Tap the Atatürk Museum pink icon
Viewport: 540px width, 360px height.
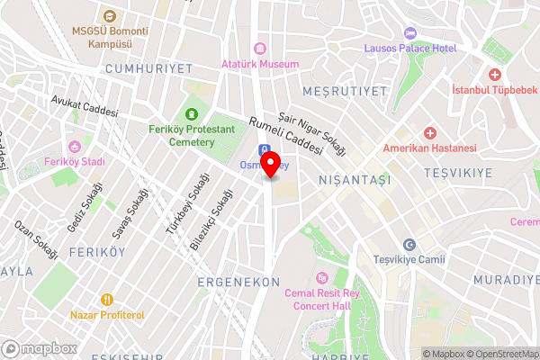coord(260,48)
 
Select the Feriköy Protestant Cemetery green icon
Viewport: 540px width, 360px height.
coord(191,114)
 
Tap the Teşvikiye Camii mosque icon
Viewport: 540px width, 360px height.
coord(409,245)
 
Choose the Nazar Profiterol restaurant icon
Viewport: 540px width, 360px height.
coord(106,299)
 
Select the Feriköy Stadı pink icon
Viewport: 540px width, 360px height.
coord(75,147)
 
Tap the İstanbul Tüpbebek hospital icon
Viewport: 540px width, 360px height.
coord(494,75)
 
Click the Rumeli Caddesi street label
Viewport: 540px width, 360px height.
coord(285,137)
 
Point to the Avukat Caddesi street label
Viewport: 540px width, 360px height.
coord(85,108)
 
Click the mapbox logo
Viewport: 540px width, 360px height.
coord(40,348)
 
